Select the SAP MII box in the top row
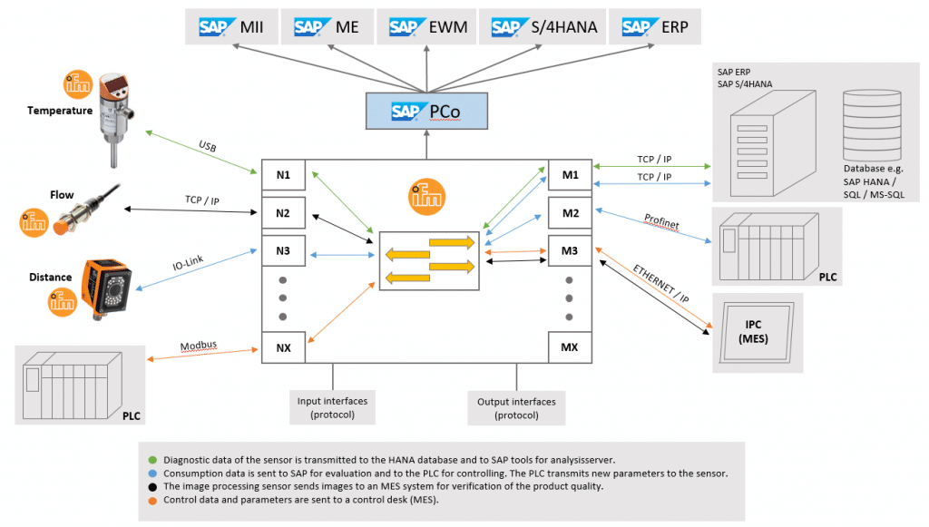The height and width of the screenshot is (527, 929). tap(230, 26)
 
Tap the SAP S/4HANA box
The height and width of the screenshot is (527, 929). tap(544, 26)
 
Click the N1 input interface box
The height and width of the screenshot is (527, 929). tap(283, 174)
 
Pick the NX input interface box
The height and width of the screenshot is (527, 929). tap(283, 347)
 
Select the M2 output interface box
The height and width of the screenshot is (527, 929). tap(570, 214)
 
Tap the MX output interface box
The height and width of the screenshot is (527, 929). tap(570, 347)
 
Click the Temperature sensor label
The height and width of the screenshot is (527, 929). tap(60, 111)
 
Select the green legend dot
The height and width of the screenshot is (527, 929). tap(152, 459)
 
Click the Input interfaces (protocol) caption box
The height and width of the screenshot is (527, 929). tap(333, 407)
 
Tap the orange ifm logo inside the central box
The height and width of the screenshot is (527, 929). tap(425, 194)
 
